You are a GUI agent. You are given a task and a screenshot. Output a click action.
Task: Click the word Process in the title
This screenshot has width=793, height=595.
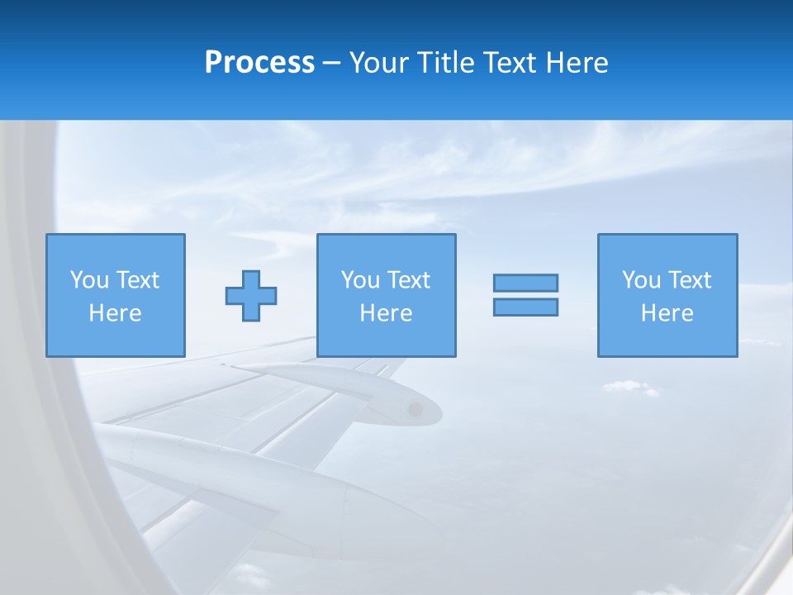(x=259, y=63)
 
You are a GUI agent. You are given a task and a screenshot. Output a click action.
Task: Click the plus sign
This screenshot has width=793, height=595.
(x=251, y=295)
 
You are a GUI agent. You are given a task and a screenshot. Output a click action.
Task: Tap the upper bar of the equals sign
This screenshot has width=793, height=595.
(x=525, y=283)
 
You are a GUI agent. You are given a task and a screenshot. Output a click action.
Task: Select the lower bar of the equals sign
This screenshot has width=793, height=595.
(x=525, y=307)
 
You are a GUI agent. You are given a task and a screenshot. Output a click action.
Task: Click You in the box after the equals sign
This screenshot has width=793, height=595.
(x=641, y=280)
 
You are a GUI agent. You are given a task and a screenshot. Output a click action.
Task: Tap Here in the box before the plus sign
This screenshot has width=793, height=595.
(x=115, y=313)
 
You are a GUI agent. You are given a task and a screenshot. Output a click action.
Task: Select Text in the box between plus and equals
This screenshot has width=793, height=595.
(x=409, y=280)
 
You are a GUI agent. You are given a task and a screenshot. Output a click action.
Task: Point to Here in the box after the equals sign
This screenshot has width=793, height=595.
(x=667, y=313)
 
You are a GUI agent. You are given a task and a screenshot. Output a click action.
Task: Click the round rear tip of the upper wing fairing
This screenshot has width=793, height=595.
(x=415, y=408)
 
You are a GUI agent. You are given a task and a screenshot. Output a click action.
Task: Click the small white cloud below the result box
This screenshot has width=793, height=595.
(x=629, y=386)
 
